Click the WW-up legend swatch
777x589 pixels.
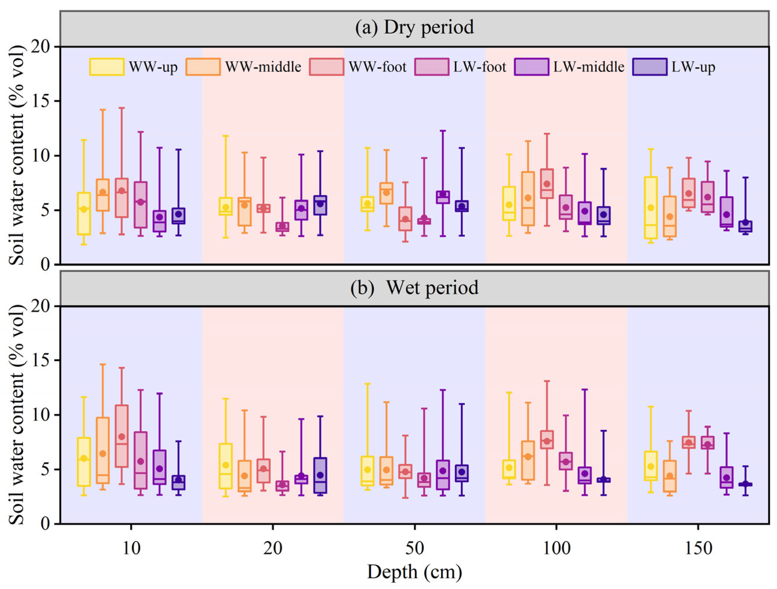coord(107,67)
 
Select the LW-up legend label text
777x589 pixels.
coord(693,67)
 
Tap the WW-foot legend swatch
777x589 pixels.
coord(327,67)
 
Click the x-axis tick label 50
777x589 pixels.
coord(415,548)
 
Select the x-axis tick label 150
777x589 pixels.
coord(698,548)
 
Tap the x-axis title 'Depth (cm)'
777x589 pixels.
coord(414,572)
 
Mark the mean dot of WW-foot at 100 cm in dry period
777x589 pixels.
coord(547,184)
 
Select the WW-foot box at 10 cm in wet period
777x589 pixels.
coord(121,436)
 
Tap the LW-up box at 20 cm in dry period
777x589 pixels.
coord(320,205)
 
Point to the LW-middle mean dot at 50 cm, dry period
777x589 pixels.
coord(443,194)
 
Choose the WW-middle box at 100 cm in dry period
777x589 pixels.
coord(528,198)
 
